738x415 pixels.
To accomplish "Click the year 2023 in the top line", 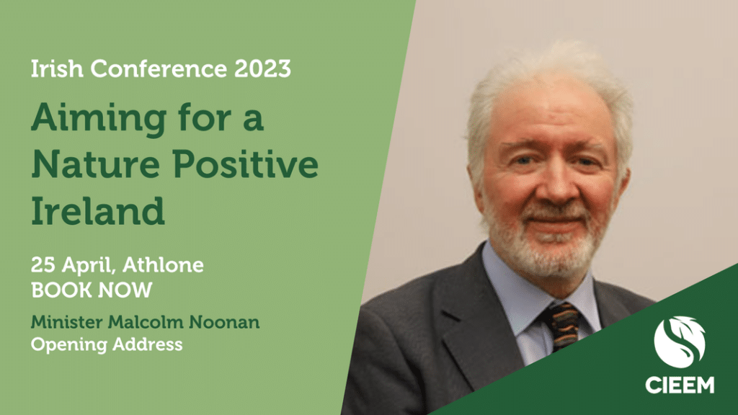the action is [262, 68].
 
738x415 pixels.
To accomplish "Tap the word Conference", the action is [159, 68].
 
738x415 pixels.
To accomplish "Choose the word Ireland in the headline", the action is [98, 210].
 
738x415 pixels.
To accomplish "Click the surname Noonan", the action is [224, 322].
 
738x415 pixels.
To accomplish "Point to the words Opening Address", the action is [107, 345].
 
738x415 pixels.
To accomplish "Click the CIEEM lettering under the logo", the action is [680, 385].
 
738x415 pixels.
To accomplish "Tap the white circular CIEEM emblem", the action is [680, 342].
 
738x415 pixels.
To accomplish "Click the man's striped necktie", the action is [564, 326].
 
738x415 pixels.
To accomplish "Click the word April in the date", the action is [89, 266].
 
